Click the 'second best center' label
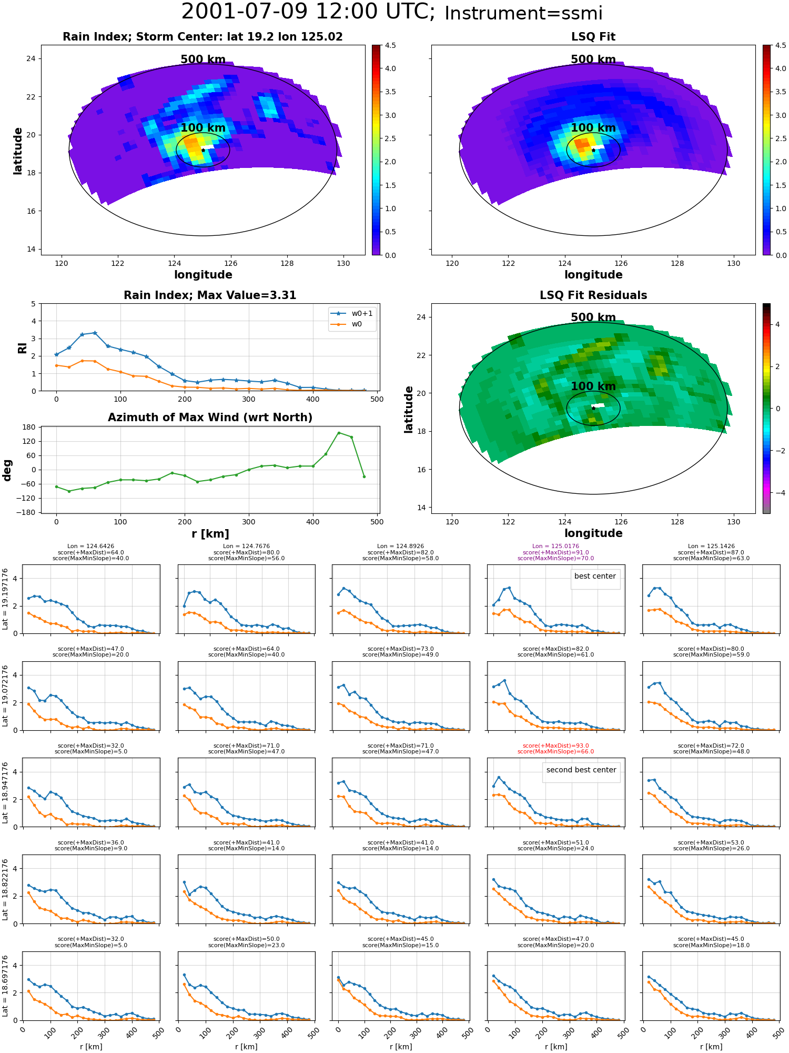point(581,770)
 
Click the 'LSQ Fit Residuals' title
point(593,295)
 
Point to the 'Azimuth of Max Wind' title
point(210,418)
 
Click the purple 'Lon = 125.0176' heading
point(555,547)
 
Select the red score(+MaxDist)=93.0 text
point(555,746)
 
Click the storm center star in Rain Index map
point(203,150)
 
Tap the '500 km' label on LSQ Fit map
point(593,59)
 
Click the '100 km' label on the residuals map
point(593,386)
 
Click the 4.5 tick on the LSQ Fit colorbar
point(781,45)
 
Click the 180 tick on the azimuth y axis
point(30,427)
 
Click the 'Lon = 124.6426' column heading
point(91,547)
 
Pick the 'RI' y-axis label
point(23,347)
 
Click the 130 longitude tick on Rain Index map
point(343,263)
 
